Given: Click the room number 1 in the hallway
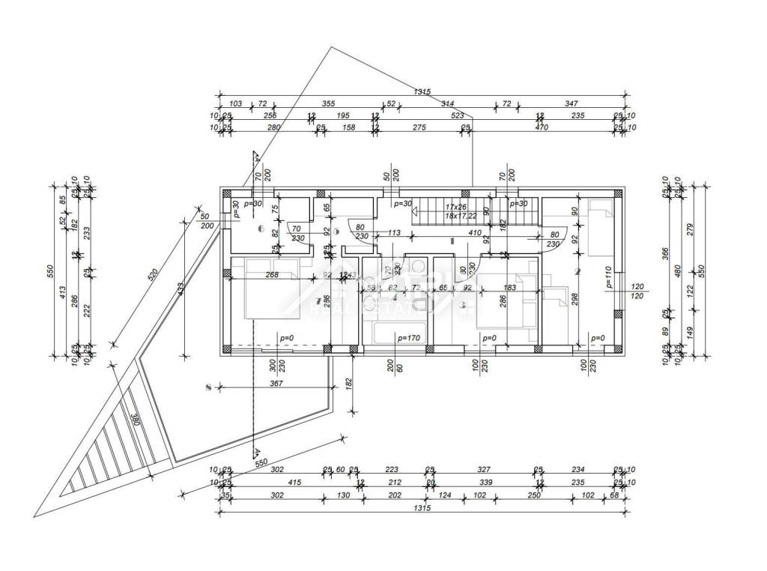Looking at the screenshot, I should coord(452,241).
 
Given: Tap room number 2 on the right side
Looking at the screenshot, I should coord(577,272).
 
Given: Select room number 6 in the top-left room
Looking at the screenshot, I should coord(261,229).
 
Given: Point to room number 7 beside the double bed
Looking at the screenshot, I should coord(319,301).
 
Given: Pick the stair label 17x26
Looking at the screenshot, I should coord(455,206).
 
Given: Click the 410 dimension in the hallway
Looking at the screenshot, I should coord(474,232).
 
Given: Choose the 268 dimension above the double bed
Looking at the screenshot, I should coord(272,274).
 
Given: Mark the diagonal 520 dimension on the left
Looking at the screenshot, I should coord(153,276).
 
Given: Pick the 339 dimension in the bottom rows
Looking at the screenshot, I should coord(485,483).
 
